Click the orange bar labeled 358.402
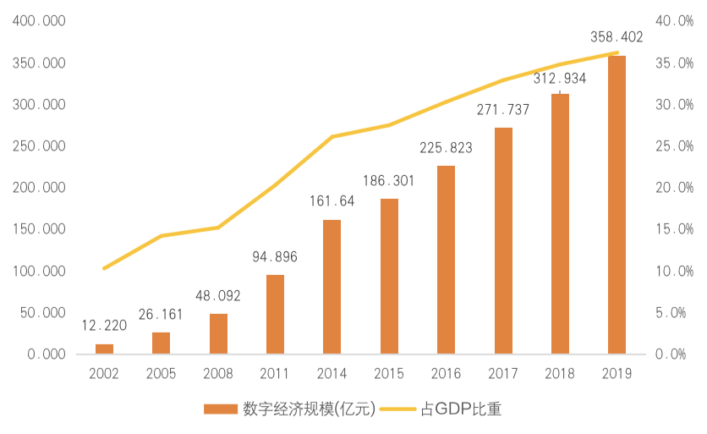[x=617, y=204]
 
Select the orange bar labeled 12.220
[x=104, y=348]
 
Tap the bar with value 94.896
[x=275, y=313]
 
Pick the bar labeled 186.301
[x=389, y=275]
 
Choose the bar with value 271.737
[x=503, y=239]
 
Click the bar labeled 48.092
[x=218, y=332]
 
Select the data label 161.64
[x=332, y=201]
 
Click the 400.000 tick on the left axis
[x=40, y=21]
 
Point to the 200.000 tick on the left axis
[x=40, y=187]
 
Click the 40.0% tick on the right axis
[x=675, y=21]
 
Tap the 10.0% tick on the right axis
[x=675, y=271]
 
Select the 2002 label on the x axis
[x=104, y=371]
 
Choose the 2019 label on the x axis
[x=617, y=371]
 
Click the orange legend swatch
[x=222, y=409]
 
